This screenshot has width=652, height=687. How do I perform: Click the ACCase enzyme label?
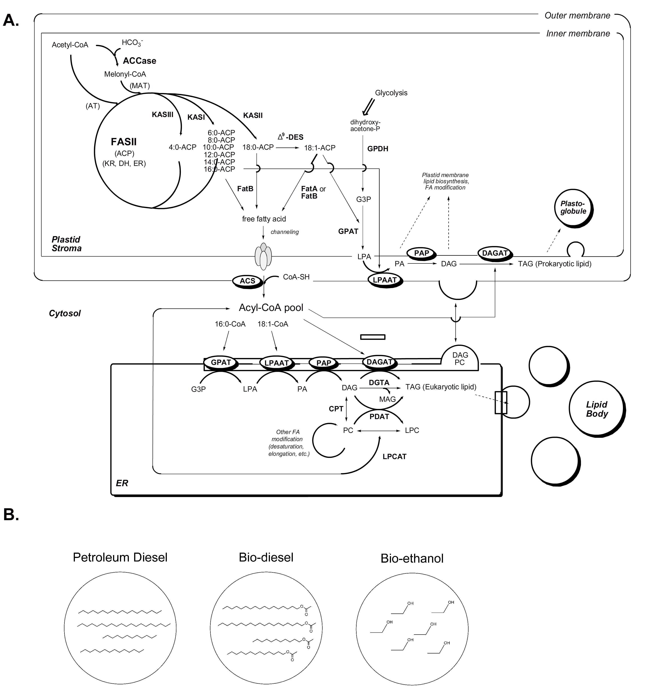click(x=139, y=61)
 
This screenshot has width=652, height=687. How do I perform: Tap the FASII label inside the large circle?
click(x=124, y=142)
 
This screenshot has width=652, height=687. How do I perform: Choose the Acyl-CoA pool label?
click(x=271, y=308)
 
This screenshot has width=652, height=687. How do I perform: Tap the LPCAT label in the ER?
click(x=395, y=457)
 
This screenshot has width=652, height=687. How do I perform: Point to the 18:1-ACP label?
click(x=320, y=148)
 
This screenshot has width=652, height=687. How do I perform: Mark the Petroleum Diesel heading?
click(x=120, y=557)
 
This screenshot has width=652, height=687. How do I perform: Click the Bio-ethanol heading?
click(x=412, y=558)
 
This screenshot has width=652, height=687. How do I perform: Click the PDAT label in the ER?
click(x=379, y=417)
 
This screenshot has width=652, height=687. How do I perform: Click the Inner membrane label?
click(x=578, y=34)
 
